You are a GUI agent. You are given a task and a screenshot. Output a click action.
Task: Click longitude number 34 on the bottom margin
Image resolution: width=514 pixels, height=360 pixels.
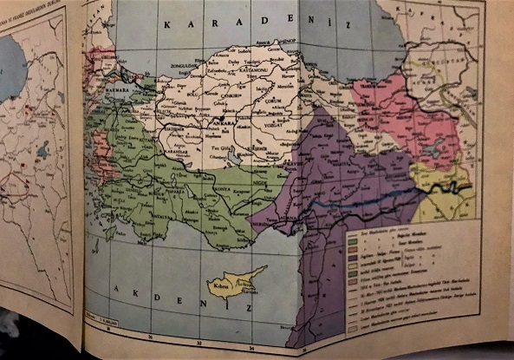251,345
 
